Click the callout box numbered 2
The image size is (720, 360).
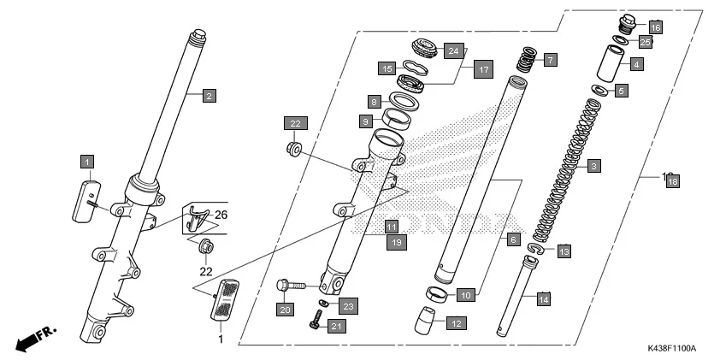pos(208,96)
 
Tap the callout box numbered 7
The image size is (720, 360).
pos(550,60)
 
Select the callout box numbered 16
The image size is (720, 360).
pos(656,27)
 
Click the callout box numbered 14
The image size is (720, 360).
pos(542,298)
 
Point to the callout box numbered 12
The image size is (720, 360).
pos(456,323)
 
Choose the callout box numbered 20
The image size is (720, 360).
pos(285,308)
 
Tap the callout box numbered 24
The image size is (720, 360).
pos(454,51)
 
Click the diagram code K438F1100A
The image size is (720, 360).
pos(671,349)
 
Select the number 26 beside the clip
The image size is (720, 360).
pos(221,214)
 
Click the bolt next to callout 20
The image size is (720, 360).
pos(291,283)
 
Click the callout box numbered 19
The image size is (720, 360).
pos(396,243)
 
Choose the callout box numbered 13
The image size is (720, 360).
pos(564,251)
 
